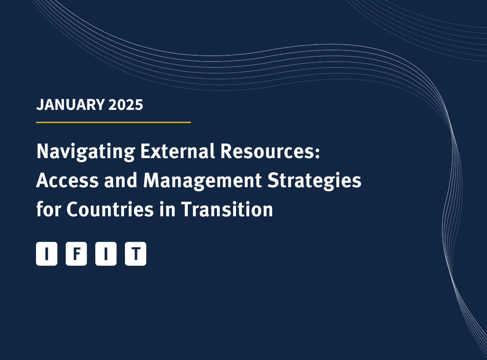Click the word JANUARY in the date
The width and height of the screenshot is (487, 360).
coord(70,105)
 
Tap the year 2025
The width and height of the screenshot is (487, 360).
coord(126,105)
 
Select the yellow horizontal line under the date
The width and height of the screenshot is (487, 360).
coord(113,122)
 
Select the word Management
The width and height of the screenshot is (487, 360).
coord(202,181)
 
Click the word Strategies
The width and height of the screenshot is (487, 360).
coord(314,181)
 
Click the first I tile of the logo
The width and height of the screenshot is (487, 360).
coord(47,254)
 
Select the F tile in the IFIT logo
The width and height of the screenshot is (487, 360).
coord(76,254)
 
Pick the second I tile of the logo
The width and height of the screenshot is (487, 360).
coord(106,254)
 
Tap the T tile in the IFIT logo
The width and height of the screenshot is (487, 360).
coord(136,254)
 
